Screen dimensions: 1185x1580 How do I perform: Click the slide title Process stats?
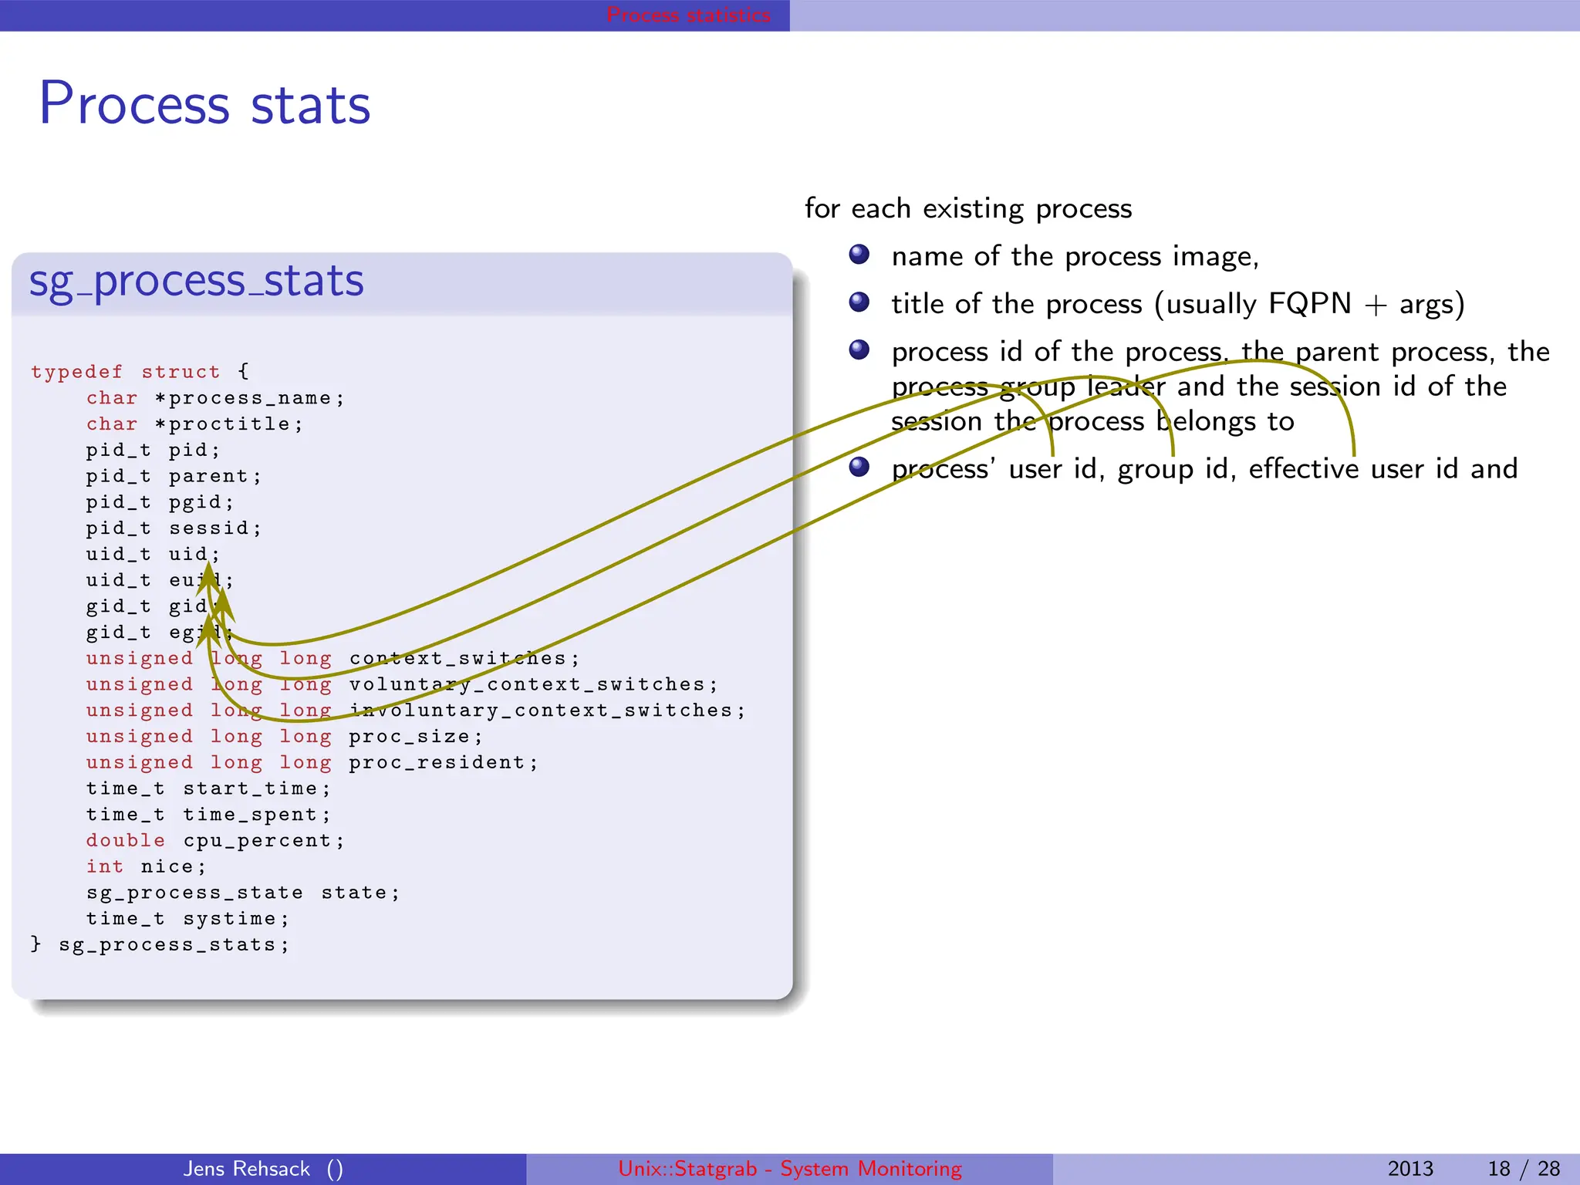pyautogui.click(x=204, y=104)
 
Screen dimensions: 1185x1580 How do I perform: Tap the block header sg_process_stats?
pyautogui.click(x=196, y=281)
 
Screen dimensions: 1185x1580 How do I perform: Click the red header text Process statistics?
pyautogui.click(x=688, y=15)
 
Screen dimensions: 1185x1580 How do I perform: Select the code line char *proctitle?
pyautogui.click(x=194, y=424)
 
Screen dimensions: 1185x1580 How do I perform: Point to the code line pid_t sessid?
pyautogui.click(x=174, y=528)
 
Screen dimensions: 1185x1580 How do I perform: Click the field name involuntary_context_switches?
pyautogui.click(x=540, y=711)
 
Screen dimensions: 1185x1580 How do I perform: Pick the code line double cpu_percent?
pyautogui.click(x=214, y=841)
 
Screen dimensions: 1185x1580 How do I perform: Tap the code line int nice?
pyautogui.click(x=146, y=867)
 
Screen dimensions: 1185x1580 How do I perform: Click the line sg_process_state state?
pyautogui.click(x=242, y=893)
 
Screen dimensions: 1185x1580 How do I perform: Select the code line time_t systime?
pyautogui.click(x=187, y=919)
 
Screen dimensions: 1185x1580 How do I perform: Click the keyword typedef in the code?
pyautogui.click(x=76, y=372)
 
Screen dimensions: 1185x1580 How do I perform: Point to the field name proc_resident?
pyautogui.click(x=437, y=763)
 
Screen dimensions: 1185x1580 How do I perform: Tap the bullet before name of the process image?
pyautogui.click(x=859, y=255)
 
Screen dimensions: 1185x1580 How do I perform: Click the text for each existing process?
pyautogui.click(x=968, y=208)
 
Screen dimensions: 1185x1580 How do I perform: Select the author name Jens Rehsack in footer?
pyautogui.click(x=247, y=1169)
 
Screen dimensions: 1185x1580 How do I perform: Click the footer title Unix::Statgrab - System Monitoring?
pyautogui.click(x=790, y=1169)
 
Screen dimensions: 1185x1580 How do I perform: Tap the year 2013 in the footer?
pyautogui.click(x=1410, y=1169)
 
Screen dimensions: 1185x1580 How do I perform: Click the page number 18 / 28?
pyautogui.click(x=1524, y=1169)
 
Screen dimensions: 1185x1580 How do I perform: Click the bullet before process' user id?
pyautogui.click(x=859, y=467)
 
